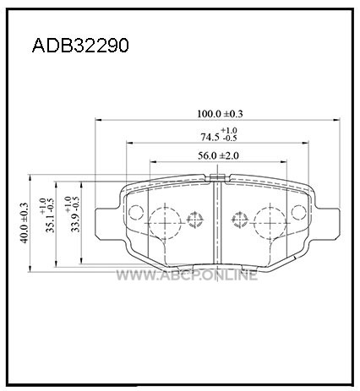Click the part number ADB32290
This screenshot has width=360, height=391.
point(80,46)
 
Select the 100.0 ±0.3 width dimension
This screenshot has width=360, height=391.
point(220,114)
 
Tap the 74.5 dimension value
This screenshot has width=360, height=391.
point(210,137)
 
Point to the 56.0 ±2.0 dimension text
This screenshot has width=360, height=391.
point(218,155)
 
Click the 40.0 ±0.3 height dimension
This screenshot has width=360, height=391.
point(25,223)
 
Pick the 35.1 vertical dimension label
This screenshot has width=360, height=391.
point(50,223)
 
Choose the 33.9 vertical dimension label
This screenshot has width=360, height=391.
point(75,222)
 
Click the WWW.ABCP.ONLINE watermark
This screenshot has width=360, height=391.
point(187,275)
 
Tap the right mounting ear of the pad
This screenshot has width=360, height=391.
point(327,223)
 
